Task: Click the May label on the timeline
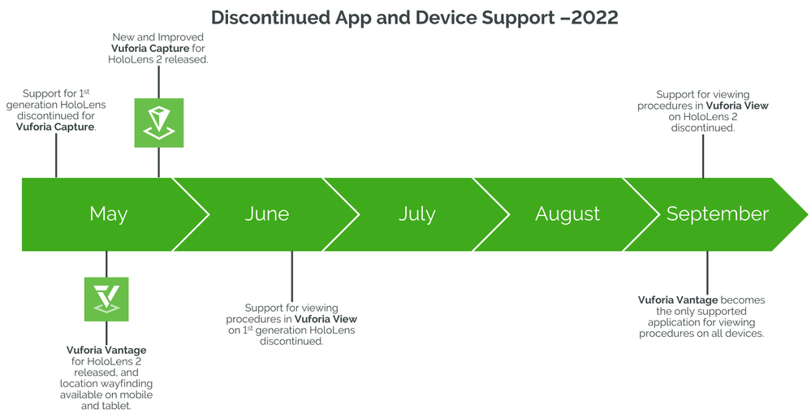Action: (108, 214)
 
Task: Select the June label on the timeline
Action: (267, 214)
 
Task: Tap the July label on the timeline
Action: (417, 214)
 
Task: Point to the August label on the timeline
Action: (567, 214)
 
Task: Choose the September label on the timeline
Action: (718, 214)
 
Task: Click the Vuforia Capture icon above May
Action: (159, 123)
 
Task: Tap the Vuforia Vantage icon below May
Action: (106, 299)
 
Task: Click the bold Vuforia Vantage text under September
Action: (678, 300)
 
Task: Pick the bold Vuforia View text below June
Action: (326, 319)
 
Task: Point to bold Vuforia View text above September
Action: (737, 106)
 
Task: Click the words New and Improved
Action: (158, 37)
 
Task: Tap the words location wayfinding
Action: (106, 383)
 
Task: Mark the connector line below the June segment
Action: (291, 276)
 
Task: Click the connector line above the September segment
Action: (703, 156)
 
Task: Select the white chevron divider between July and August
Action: (492, 214)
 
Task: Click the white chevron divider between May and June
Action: (191, 214)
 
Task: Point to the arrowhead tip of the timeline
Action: (808, 214)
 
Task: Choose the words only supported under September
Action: (702, 312)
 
